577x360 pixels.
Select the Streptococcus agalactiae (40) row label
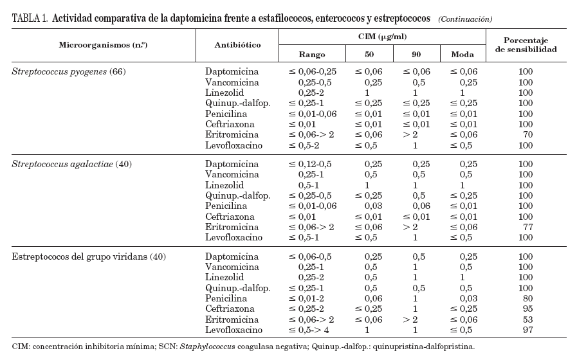(x=71, y=164)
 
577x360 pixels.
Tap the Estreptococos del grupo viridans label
(x=89, y=256)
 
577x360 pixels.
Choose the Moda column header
(x=461, y=55)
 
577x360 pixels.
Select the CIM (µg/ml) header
(x=382, y=37)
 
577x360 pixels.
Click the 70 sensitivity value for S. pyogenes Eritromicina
(x=527, y=134)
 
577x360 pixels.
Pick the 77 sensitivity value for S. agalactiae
(x=527, y=227)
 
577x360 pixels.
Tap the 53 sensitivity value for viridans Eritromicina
(x=527, y=319)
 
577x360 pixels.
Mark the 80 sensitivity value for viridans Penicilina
(x=527, y=298)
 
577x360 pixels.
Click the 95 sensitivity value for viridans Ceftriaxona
(x=527, y=309)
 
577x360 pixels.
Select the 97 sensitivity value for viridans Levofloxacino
(x=527, y=330)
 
